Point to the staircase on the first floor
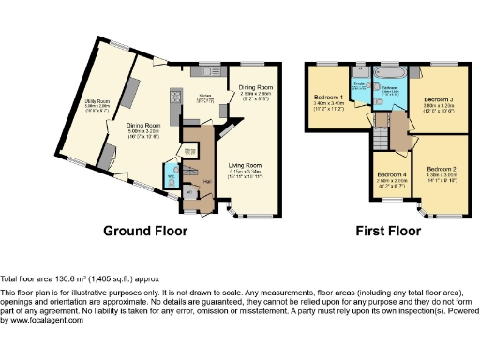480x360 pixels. tap(381, 138)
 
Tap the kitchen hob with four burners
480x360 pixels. tap(176, 95)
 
